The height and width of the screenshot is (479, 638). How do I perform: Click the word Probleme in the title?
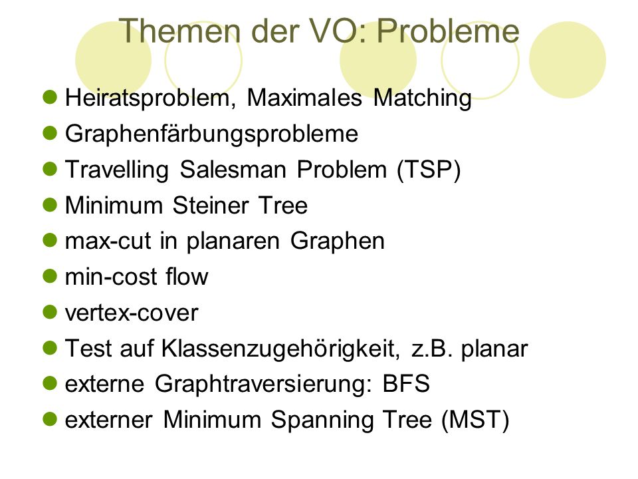click(447, 31)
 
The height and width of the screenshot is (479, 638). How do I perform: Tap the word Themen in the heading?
click(180, 31)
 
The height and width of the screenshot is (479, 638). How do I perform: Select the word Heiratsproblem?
click(150, 99)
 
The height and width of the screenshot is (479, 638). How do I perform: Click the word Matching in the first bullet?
click(423, 99)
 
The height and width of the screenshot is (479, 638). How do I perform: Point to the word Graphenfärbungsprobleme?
click(211, 134)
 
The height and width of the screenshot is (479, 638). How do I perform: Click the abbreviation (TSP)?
click(429, 170)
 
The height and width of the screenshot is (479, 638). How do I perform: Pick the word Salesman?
click(233, 170)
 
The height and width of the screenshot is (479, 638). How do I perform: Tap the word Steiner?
click(211, 206)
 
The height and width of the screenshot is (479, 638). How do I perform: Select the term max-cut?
click(108, 241)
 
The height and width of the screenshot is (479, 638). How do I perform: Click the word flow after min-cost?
click(187, 277)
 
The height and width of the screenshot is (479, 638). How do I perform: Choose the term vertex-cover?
click(132, 313)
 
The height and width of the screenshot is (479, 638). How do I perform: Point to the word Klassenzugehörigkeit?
click(280, 349)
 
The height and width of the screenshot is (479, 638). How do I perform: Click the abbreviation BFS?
click(406, 384)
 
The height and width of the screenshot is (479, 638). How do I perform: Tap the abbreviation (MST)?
click(475, 420)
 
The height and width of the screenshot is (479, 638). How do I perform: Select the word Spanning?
click(322, 420)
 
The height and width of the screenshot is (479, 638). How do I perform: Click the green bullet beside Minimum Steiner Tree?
click(50, 205)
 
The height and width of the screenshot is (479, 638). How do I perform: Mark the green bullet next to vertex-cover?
click(50, 313)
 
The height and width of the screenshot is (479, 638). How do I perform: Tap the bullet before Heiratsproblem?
click(50, 98)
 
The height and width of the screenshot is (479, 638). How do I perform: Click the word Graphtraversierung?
click(263, 385)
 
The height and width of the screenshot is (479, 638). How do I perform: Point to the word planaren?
click(233, 241)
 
